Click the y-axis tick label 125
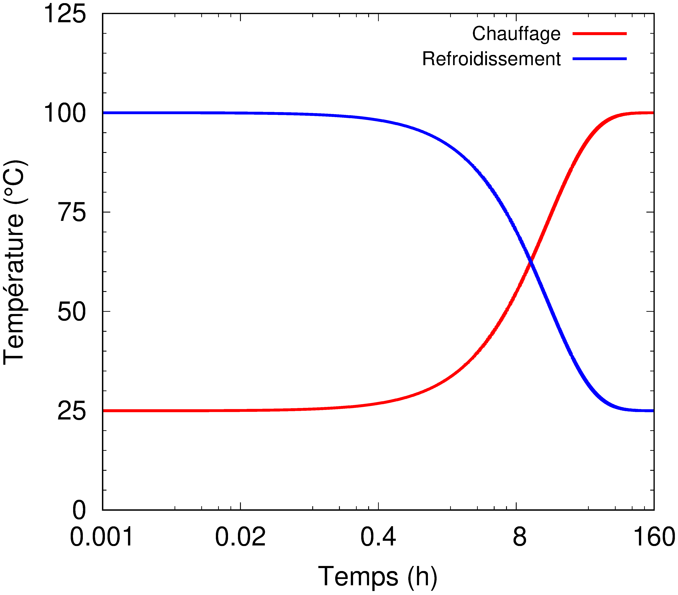(x=65, y=14)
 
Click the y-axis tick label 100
(x=65, y=113)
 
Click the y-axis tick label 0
(x=79, y=510)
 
